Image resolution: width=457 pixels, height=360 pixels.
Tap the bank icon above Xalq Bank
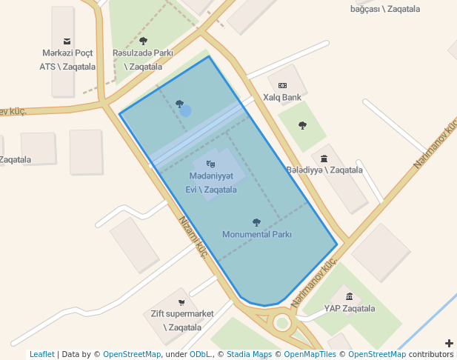[x=282, y=86]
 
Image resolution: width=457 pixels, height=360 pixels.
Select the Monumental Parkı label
[x=257, y=234]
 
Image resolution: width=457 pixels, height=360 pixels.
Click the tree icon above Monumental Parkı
[x=256, y=222]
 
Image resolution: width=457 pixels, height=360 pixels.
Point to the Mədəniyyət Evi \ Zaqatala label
[x=211, y=182]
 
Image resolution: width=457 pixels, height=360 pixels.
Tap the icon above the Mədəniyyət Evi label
[x=210, y=164]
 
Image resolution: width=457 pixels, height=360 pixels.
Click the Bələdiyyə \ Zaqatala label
[x=324, y=170]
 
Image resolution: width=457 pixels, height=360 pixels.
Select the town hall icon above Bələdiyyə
[x=324, y=158]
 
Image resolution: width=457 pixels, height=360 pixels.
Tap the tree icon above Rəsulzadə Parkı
[x=143, y=41]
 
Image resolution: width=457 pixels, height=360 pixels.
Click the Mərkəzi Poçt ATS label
[x=67, y=59]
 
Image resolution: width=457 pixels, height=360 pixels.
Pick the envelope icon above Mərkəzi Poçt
[x=67, y=41]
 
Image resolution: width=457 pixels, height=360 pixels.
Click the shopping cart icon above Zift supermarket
[x=181, y=302]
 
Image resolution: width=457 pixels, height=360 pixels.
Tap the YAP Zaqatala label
[x=350, y=309]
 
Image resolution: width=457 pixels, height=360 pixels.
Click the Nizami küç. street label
[x=193, y=236]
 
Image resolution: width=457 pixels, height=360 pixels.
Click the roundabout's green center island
[x=281, y=322]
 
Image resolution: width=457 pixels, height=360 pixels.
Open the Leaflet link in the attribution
[x=42, y=355]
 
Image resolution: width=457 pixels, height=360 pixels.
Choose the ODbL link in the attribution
[x=201, y=355]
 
